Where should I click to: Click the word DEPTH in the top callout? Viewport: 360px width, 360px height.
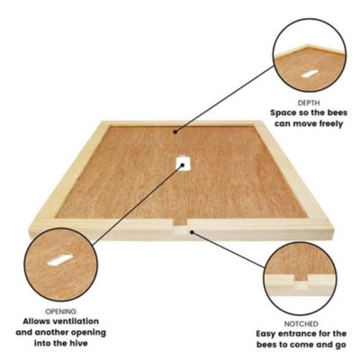pyautogui.click(x=308, y=103)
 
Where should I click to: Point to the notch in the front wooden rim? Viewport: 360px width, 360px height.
pyautogui.click(x=184, y=228)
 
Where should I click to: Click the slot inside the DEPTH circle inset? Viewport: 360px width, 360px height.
pyautogui.click(x=309, y=71)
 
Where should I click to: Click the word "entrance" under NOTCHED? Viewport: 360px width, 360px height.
pyautogui.click(x=298, y=334)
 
